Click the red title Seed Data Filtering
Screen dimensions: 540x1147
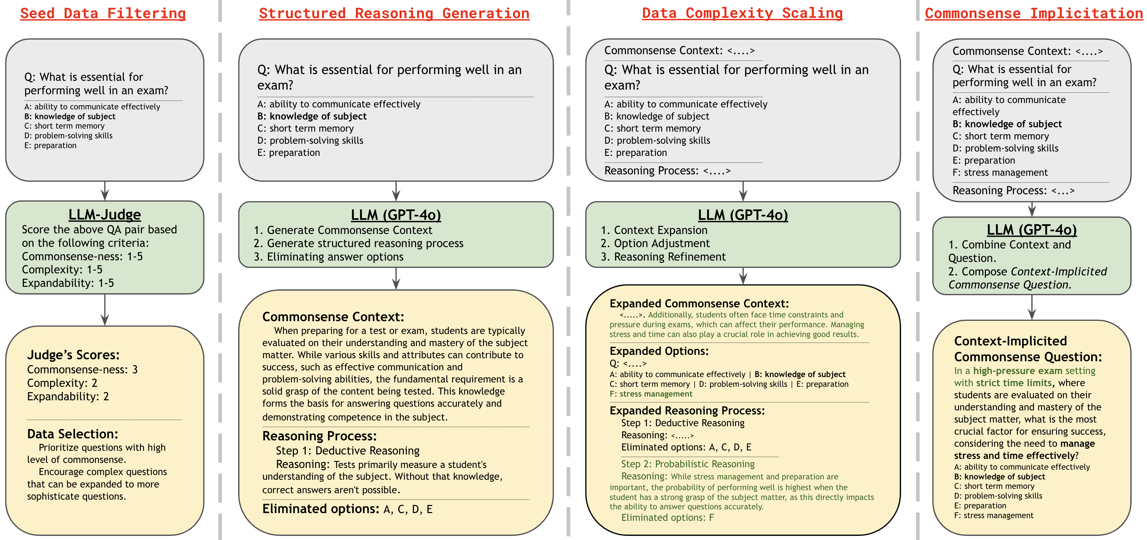(x=103, y=13)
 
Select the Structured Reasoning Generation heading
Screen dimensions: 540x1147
(x=394, y=13)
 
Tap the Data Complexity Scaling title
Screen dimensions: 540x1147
(x=742, y=13)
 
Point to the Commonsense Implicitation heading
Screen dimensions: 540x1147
(x=1033, y=13)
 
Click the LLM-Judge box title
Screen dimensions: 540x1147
(x=105, y=215)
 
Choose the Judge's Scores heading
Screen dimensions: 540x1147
(x=73, y=355)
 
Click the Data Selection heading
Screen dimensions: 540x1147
(x=73, y=434)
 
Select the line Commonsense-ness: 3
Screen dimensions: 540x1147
(x=82, y=370)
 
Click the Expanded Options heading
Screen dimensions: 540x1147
(x=659, y=351)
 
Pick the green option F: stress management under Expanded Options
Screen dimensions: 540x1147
(x=651, y=394)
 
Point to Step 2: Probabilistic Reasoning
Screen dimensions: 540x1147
(x=688, y=464)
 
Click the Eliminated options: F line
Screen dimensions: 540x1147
(x=667, y=518)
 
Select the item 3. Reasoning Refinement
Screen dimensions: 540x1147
(x=663, y=257)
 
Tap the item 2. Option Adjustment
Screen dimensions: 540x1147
(x=656, y=244)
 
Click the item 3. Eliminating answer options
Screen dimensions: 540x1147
(x=329, y=257)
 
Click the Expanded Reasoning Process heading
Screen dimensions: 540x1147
(x=687, y=411)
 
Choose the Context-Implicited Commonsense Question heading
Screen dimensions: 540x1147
(x=1028, y=349)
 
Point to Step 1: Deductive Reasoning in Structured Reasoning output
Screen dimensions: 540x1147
(x=348, y=451)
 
